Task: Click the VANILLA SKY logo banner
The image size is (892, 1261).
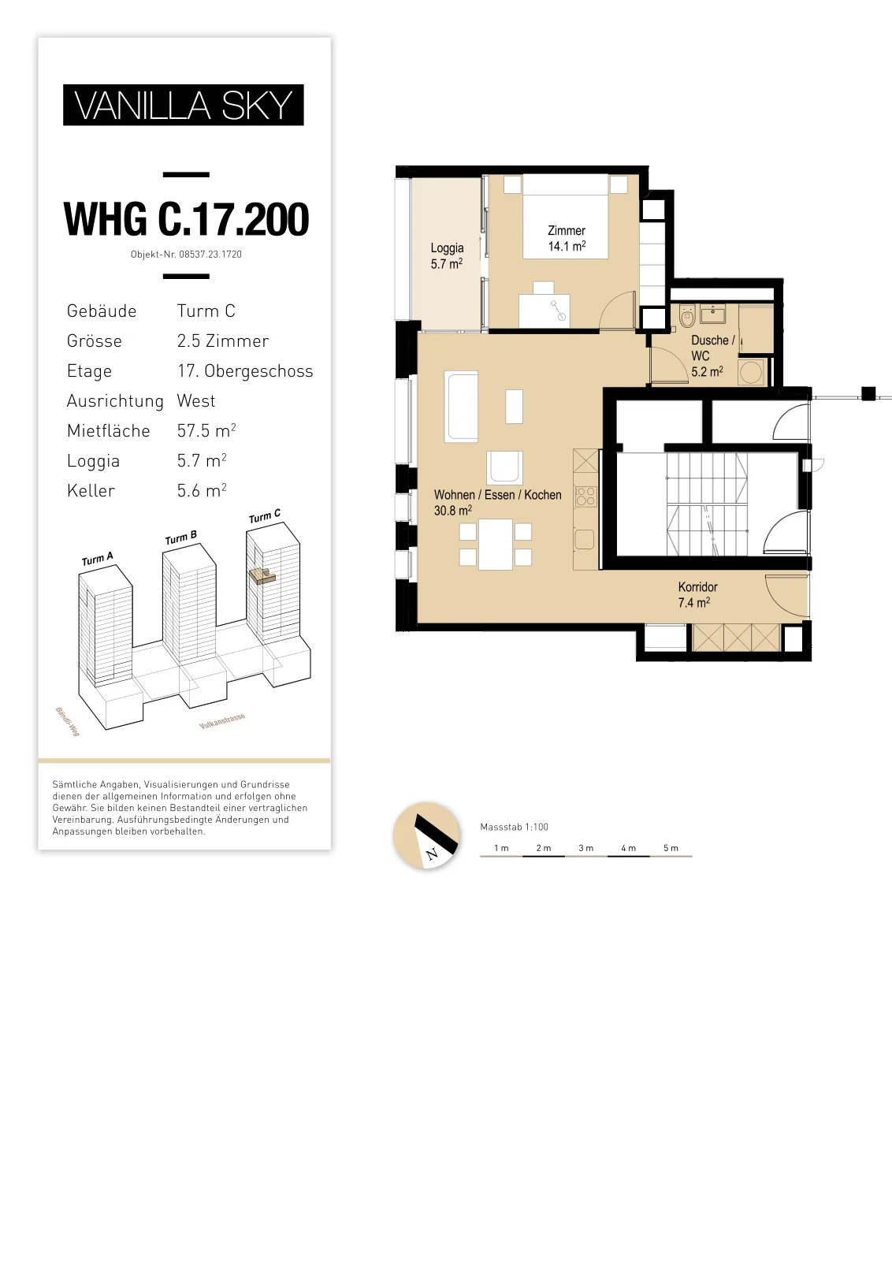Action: point(184,105)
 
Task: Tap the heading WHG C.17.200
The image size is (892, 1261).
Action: point(186,219)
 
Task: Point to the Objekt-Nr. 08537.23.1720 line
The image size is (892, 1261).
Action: point(186,255)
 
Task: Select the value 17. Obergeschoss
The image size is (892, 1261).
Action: point(245,371)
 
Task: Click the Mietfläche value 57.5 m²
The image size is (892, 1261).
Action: point(206,430)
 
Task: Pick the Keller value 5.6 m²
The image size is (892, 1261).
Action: point(202,490)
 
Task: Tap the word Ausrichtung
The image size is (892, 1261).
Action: point(115,401)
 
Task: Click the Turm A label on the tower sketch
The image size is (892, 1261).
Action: point(98,559)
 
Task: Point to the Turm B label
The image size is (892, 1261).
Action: point(180,538)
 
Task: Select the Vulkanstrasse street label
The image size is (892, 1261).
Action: point(222,721)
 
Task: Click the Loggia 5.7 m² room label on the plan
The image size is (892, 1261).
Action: point(447,255)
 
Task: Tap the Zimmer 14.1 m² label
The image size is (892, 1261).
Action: point(567,238)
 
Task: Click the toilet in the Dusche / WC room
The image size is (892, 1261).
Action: point(687,316)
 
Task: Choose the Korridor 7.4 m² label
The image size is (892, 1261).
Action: point(698,594)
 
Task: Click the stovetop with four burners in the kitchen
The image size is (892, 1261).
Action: point(585,497)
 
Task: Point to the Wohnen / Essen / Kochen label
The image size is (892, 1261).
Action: point(497,502)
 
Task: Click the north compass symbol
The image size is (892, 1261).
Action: point(426,835)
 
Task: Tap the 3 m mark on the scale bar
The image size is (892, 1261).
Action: point(585,848)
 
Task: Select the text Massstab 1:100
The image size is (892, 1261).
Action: point(514,827)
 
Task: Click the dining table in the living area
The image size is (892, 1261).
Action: point(495,545)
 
